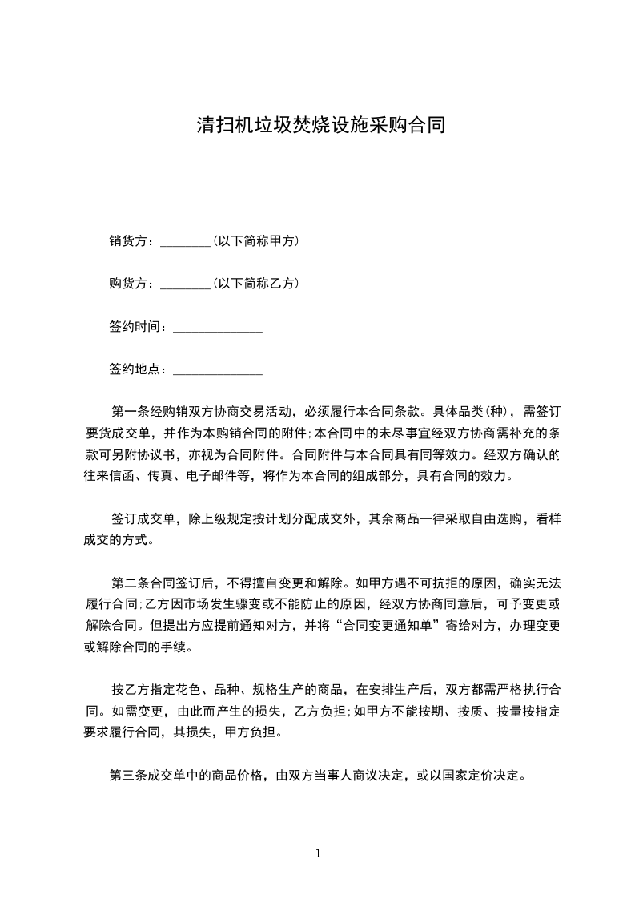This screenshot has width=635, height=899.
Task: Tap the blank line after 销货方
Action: pos(185,241)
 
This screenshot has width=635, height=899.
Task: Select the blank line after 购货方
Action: pos(185,284)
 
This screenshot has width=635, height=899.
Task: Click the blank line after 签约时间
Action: pos(218,327)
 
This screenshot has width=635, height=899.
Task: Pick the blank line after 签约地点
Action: pos(218,370)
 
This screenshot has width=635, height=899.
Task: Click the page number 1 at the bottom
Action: pos(318,853)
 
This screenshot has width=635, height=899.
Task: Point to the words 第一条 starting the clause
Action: pos(128,413)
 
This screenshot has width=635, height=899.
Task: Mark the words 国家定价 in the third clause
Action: pos(470,776)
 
